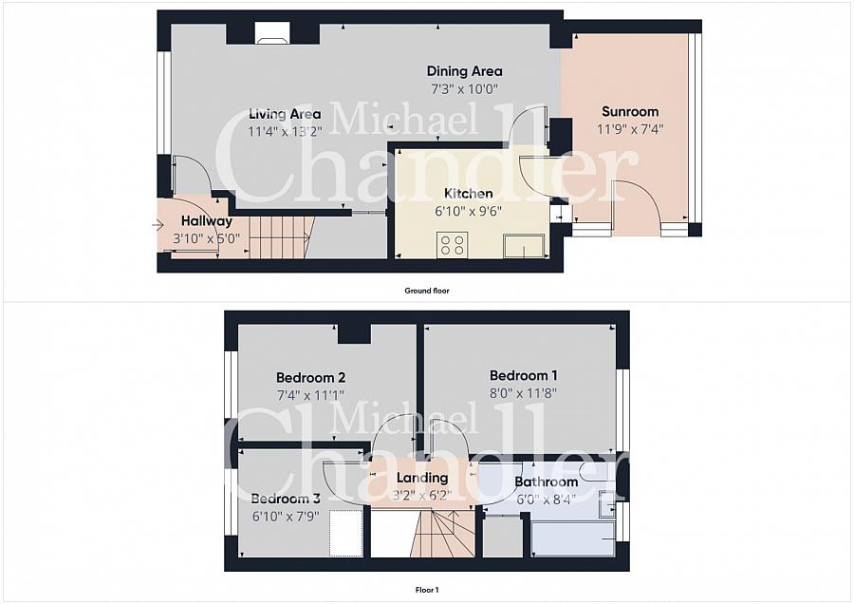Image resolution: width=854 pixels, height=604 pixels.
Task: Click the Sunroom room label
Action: point(630,112)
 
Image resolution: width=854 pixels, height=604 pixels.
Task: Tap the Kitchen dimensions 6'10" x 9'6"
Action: point(469,211)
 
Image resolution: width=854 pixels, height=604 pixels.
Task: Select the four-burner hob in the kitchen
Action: point(452,244)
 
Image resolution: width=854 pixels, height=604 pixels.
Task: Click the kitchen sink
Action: point(524,245)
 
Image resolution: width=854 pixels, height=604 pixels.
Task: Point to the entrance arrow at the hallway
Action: point(158,225)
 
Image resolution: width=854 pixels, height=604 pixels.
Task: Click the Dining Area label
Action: point(464,71)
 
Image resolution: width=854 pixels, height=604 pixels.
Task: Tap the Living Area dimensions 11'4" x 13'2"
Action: point(285,131)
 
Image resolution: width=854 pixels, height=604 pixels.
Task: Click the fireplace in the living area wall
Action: point(272,32)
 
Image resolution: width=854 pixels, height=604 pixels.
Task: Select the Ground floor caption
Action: point(427,291)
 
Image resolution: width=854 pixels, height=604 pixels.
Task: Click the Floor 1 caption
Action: point(427,590)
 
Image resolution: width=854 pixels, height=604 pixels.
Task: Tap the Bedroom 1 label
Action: point(523,375)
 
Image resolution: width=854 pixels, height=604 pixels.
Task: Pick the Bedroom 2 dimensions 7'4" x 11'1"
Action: point(310,395)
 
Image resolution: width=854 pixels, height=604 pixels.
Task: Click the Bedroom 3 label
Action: point(286,499)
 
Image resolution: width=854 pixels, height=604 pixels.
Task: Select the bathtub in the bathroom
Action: point(573,539)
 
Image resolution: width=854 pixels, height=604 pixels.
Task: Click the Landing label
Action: point(422,478)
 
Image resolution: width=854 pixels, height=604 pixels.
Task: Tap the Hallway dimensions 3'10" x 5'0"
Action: point(207,238)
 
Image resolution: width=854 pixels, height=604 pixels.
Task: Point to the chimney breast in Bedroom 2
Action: point(354,334)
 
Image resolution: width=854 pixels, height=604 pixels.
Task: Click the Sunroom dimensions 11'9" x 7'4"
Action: point(630,129)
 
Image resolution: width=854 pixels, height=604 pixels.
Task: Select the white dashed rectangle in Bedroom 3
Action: point(345,533)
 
